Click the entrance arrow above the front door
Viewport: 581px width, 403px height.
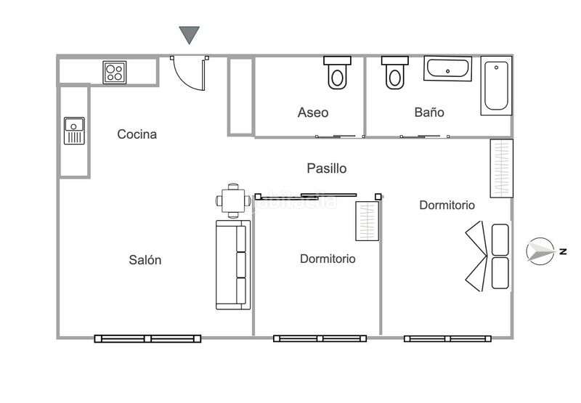[189, 34]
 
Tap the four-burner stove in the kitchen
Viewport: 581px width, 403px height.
[115, 72]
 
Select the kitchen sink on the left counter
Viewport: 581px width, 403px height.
[74, 131]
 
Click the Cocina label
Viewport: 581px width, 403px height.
[137, 134]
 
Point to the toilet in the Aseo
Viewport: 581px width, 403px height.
[337, 73]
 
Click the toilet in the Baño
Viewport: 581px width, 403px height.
[394, 73]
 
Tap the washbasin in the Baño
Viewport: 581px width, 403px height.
[447, 68]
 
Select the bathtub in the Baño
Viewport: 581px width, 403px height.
[496, 86]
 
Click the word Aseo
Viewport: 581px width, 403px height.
[313, 113]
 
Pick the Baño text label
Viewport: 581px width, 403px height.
[429, 112]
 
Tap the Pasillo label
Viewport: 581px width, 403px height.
[326, 168]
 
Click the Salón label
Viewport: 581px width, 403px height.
[145, 260]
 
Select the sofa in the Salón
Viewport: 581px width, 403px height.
[233, 265]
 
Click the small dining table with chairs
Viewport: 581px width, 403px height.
[233, 200]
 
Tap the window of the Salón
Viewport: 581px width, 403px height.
[147, 338]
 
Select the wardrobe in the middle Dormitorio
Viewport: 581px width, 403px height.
[367, 221]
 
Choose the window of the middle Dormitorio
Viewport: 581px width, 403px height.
[320, 338]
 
